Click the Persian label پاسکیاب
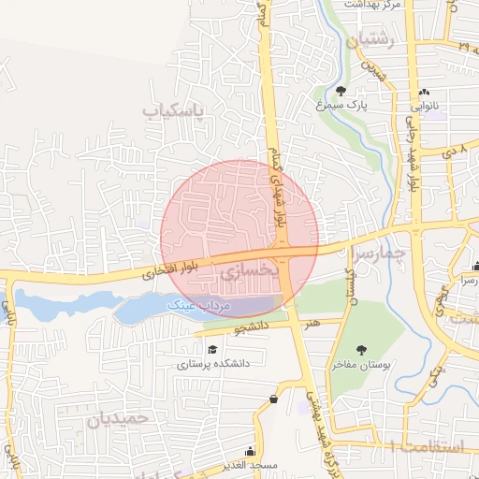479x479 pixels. coord(173,110)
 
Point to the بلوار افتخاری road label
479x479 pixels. coord(165,271)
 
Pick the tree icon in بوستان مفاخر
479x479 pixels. coord(362,350)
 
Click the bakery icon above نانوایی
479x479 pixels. coord(426,92)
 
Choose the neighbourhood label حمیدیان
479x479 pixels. coord(119,418)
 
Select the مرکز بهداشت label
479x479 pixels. coord(372,5)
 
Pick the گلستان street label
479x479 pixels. coord(351,286)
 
